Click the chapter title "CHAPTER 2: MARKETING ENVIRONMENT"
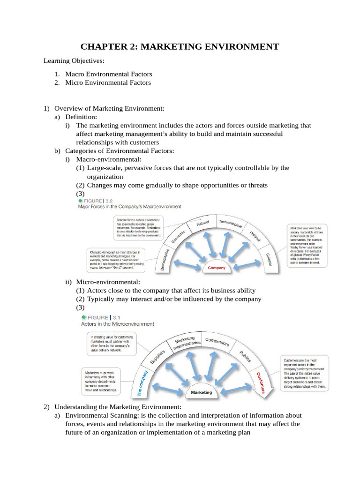(180, 46)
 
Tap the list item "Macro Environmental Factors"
(108, 74)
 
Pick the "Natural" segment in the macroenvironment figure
(202, 224)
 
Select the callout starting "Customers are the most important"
(304, 373)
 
